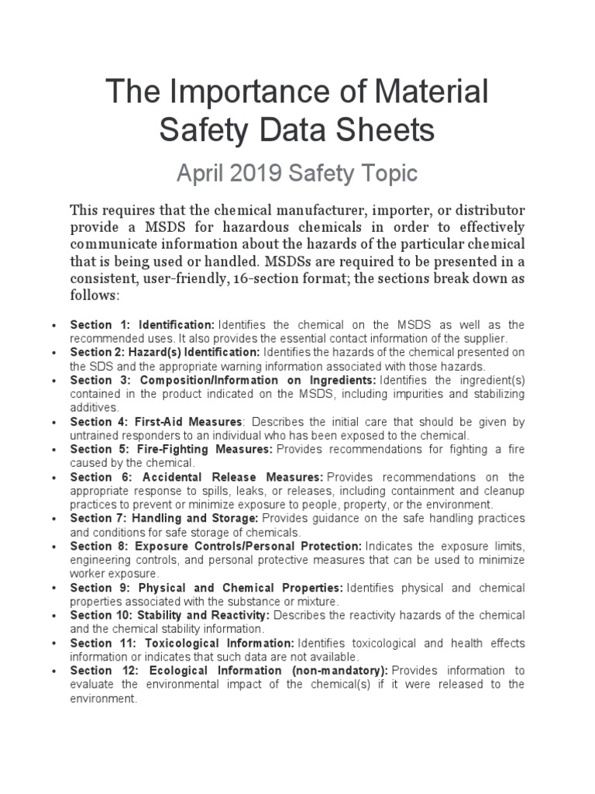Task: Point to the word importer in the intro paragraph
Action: tap(387, 210)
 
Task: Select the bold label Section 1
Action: tap(93, 324)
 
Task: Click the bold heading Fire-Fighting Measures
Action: tap(195, 449)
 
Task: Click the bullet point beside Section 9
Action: tap(51, 588)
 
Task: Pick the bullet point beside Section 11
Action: tap(51, 644)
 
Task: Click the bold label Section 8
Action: tap(93, 546)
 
